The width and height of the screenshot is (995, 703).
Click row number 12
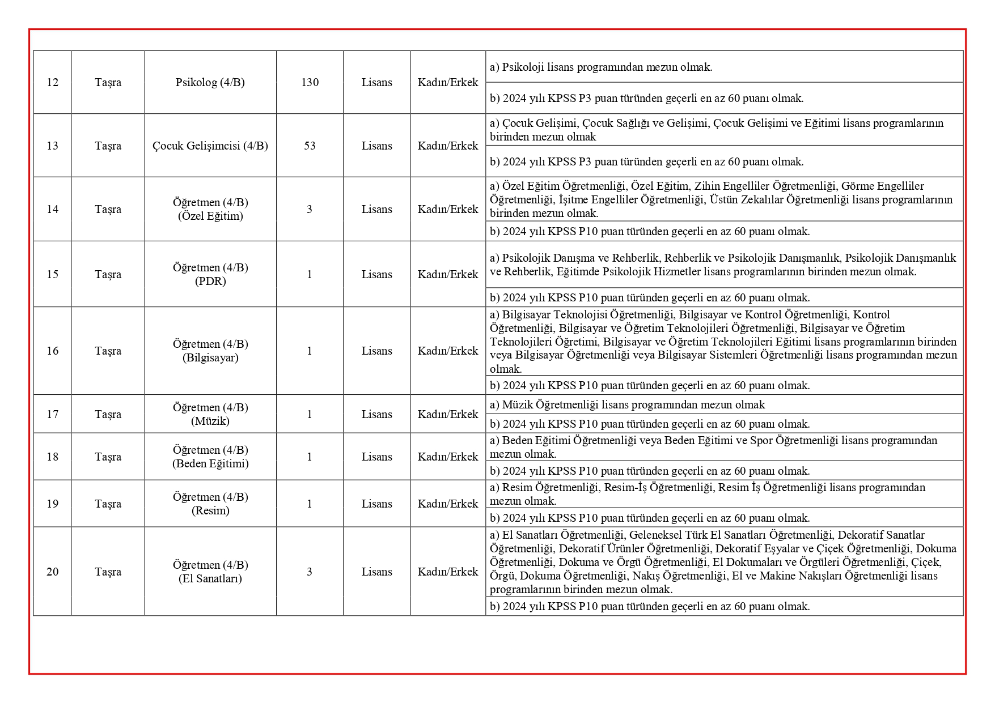tap(52, 83)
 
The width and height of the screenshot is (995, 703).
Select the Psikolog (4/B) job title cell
tap(210, 83)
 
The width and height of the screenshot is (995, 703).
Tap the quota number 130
tap(310, 83)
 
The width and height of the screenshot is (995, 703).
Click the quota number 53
tap(310, 146)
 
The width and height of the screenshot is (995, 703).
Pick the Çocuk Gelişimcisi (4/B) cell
tap(210, 146)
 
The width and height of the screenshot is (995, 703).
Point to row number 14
tap(52, 210)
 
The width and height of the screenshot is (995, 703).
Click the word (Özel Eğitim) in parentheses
tap(210, 216)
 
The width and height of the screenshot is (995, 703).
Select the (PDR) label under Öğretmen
tap(210, 282)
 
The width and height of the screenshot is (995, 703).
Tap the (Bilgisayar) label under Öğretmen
tap(210, 358)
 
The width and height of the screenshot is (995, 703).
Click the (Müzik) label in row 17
tap(210, 421)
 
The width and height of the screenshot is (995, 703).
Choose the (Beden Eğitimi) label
tap(210, 464)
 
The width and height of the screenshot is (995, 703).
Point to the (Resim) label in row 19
tap(210, 511)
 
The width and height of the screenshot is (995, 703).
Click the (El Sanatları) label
tap(210, 579)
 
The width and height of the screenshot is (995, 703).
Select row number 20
tap(52, 572)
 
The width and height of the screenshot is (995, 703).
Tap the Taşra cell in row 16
tap(108, 351)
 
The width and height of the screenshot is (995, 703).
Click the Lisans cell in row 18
tap(376, 457)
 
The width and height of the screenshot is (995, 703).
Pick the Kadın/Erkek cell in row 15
tap(448, 275)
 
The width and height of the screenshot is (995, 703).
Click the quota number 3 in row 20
tap(310, 572)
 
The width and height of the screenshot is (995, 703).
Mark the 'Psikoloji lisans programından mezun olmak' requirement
tap(601, 67)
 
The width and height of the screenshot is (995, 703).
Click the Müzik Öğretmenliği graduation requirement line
tap(627, 405)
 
